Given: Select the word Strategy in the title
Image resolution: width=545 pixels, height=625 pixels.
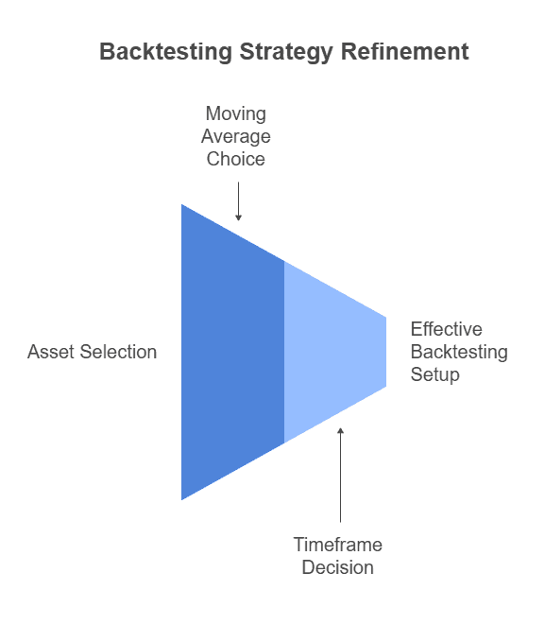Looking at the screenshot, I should [x=268, y=51].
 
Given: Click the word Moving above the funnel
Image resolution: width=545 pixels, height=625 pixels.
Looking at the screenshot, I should [x=237, y=113].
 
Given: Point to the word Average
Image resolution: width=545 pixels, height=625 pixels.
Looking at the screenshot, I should [x=237, y=136].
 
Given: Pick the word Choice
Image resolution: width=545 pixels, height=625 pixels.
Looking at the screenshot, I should [x=237, y=159].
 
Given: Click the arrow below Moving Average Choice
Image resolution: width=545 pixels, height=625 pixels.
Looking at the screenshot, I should [x=238, y=200].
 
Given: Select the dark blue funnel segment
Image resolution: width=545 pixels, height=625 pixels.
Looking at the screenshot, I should [x=232, y=352].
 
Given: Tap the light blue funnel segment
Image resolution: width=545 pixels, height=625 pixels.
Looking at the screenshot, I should [x=331, y=352].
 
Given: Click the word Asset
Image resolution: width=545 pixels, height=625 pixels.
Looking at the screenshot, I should [x=50, y=352].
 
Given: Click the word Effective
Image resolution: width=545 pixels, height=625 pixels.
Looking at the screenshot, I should [x=446, y=329].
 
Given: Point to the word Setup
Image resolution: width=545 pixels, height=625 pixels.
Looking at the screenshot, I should [x=434, y=374].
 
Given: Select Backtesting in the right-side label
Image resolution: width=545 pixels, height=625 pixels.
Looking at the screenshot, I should [x=459, y=352].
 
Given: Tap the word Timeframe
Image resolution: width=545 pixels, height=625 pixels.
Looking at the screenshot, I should [x=337, y=545].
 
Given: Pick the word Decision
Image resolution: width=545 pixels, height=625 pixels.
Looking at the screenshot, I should [x=337, y=567].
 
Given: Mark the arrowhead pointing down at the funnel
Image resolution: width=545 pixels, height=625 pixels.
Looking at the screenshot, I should [x=238, y=217].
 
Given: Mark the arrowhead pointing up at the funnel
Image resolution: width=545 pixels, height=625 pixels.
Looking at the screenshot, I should [x=340, y=431].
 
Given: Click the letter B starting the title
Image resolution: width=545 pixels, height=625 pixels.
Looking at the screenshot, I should [x=107, y=51].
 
